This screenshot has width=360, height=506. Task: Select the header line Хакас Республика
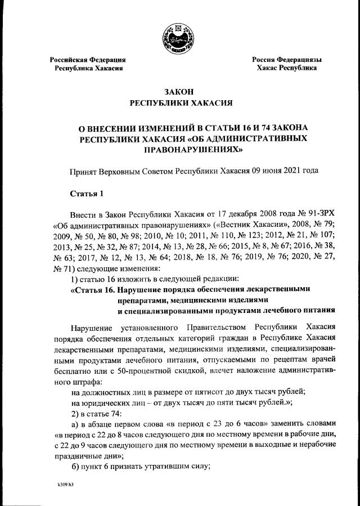click(x=286, y=68)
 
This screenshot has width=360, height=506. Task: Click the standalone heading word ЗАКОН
click(x=179, y=92)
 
